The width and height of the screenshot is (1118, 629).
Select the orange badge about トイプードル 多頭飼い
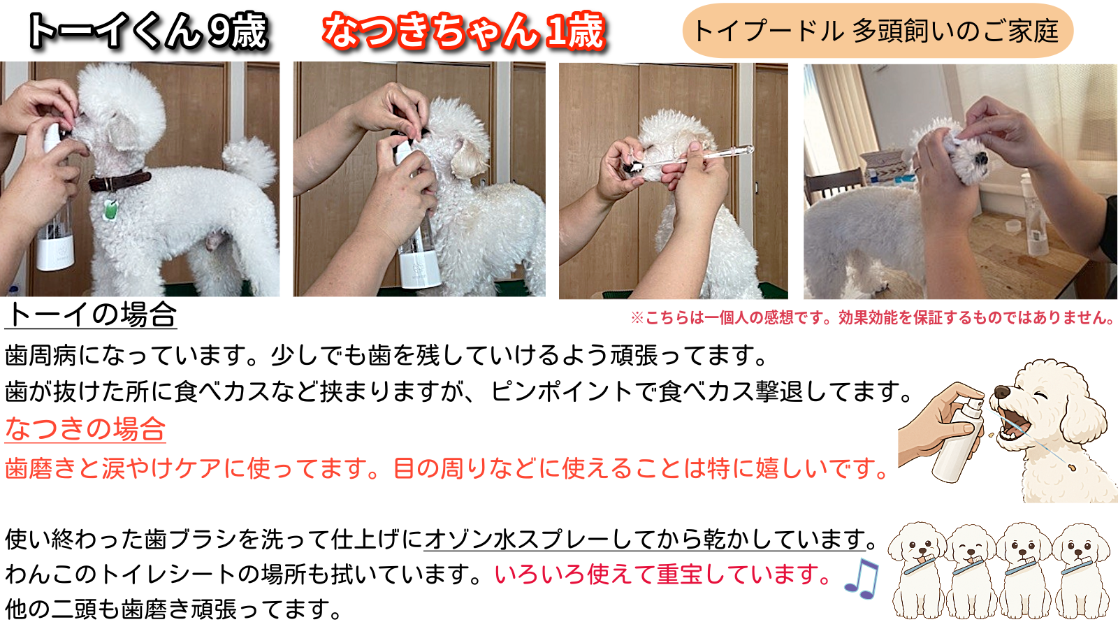point(878,31)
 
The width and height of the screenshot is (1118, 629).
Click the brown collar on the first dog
point(119,181)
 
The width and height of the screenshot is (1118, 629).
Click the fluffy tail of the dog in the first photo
point(249,162)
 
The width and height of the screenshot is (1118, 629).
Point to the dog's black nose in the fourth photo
point(981,159)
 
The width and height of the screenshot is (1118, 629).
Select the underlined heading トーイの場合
point(91,315)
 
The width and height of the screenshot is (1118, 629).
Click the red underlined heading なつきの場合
point(85,429)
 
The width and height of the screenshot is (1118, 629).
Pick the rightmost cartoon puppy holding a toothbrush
point(1082,571)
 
